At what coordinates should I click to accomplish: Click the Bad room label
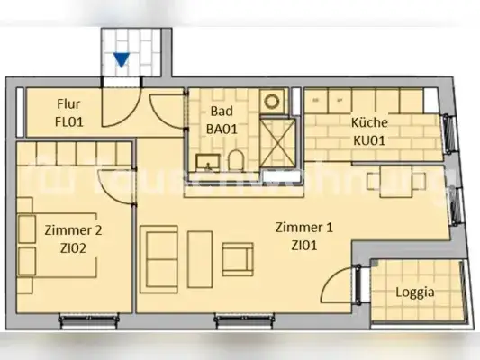click(x=221, y=112)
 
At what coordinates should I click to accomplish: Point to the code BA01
click(x=221, y=128)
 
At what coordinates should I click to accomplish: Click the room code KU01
click(x=368, y=141)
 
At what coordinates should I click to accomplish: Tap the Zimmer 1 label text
click(x=303, y=228)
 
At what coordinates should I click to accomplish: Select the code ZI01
click(x=303, y=244)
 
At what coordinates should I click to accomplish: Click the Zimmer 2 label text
click(x=73, y=230)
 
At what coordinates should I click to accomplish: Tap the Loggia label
click(x=415, y=292)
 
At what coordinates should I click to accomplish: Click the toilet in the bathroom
click(x=236, y=160)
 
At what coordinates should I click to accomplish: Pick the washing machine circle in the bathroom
click(x=273, y=100)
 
